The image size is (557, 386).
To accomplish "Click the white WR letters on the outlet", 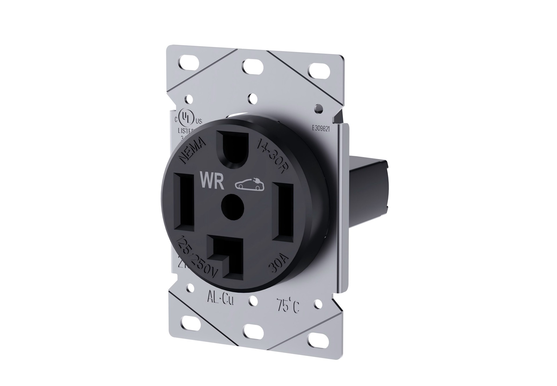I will pos(212,181).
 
